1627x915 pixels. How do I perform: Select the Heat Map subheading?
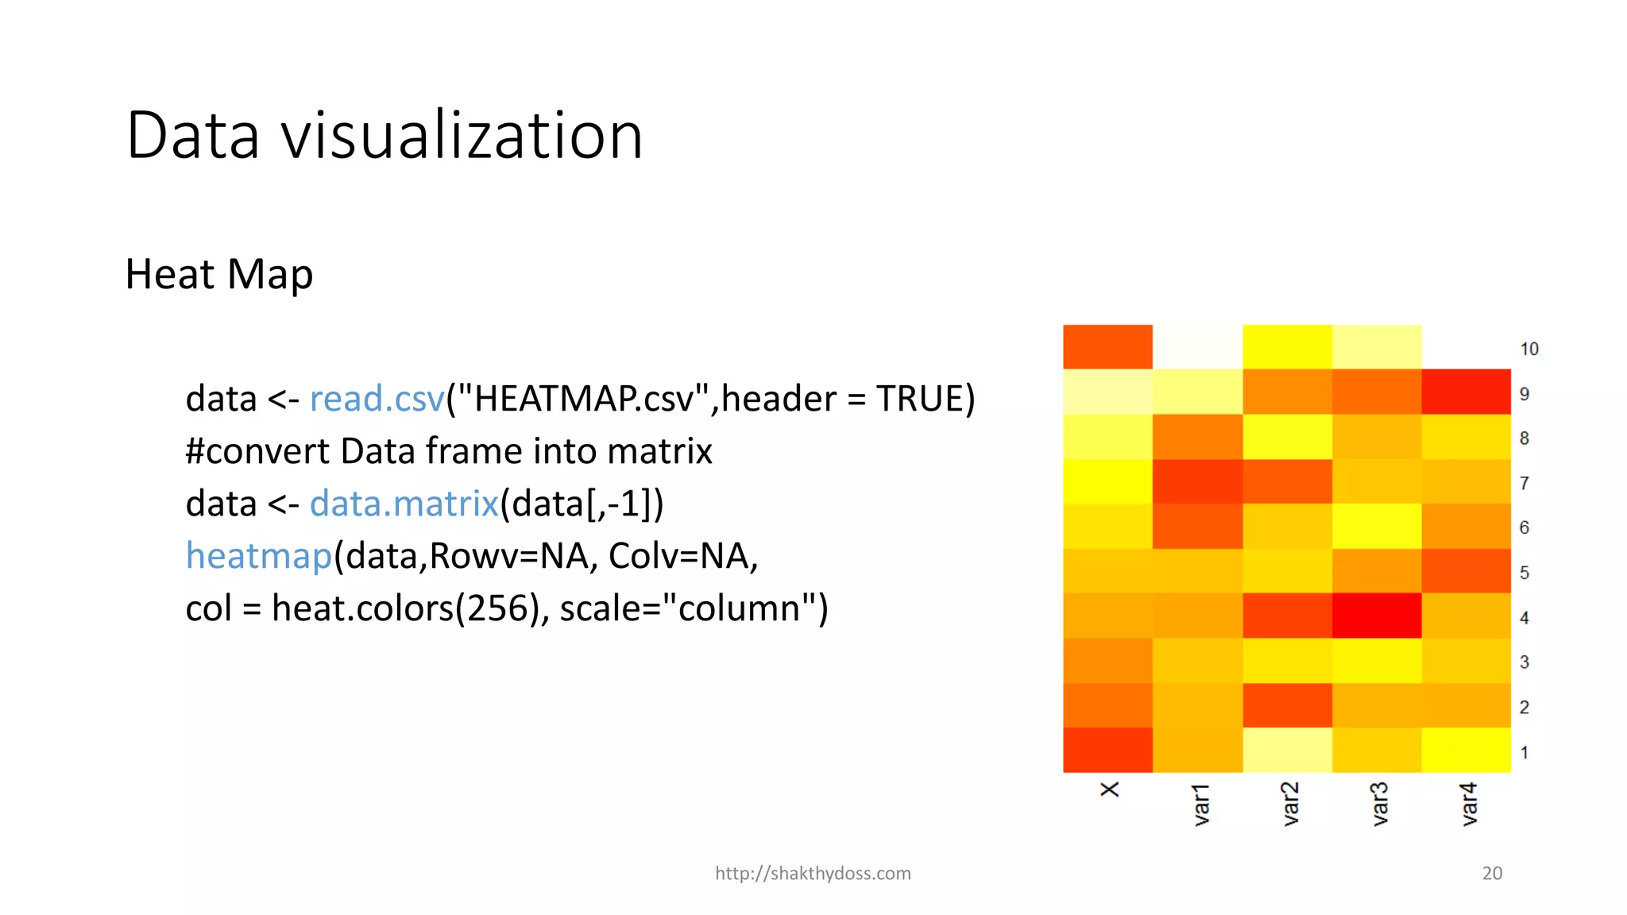point(219,275)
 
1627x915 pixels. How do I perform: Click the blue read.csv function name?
point(377,399)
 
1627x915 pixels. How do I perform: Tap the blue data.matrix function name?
point(404,504)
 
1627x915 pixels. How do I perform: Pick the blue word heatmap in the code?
point(258,556)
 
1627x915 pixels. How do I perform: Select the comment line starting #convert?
point(449,451)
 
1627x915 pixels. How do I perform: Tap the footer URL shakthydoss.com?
point(813,874)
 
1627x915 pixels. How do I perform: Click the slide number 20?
point(1492,874)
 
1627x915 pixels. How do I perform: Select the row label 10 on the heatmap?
point(1529,349)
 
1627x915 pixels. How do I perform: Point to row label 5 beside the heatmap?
point(1524,573)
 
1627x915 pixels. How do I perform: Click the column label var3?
point(1379,804)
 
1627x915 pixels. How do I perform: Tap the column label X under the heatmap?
point(1110,790)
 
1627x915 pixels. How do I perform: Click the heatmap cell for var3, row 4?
point(1377,616)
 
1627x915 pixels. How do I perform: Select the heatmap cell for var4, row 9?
point(1466,392)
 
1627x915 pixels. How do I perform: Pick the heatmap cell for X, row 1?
point(1107,750)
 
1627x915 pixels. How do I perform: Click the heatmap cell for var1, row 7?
point(1197,481)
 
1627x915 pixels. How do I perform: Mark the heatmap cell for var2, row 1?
point(1287,750)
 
